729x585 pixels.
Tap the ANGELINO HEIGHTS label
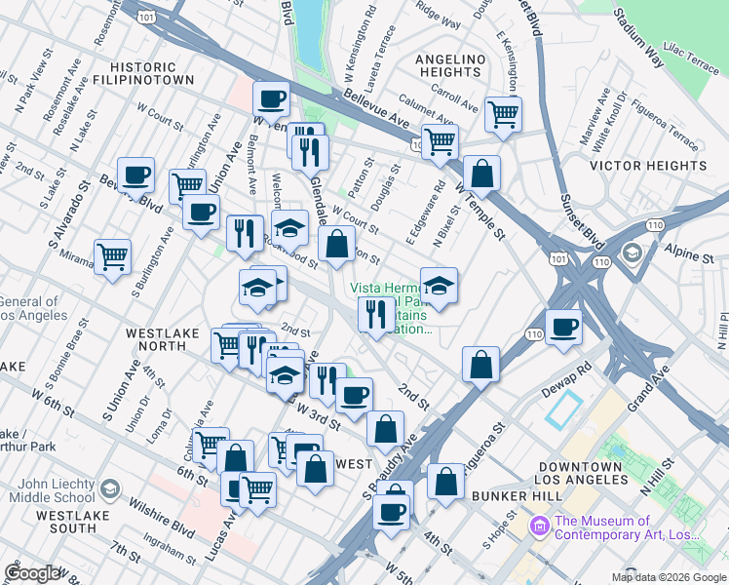[x=450, y=67]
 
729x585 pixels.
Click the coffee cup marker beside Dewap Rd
[x=563, y=328]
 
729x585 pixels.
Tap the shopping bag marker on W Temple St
[x=481, y=174]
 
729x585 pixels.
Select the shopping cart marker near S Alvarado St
[x=113, y=256]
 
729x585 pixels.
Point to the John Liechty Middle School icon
[x=111, y=487]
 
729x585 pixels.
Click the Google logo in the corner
[x=33, y=573]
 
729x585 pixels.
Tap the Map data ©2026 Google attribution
[x=669, y=577]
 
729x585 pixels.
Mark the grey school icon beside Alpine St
[x=633, y=254]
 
